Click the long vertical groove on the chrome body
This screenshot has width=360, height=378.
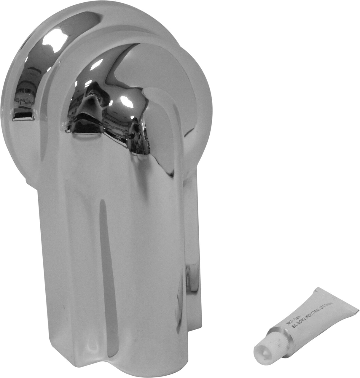(x=104, y=237)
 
